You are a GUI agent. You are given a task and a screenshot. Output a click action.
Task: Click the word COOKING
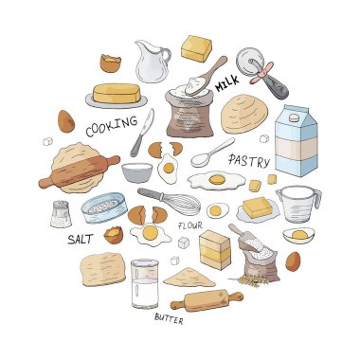point(112,126)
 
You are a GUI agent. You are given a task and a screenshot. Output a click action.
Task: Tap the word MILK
point(227,83)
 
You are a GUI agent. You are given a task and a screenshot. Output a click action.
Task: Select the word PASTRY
point(249,161)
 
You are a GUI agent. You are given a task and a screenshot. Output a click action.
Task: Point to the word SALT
point(81,239)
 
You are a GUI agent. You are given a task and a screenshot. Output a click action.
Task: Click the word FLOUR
point(190,225)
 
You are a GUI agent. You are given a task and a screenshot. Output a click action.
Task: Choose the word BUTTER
point(169,318)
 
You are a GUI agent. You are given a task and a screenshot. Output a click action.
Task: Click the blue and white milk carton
point(296,140)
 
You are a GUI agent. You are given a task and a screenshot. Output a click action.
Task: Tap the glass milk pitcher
point(152,61)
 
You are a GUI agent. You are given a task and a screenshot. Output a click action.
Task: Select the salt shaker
point(61,214)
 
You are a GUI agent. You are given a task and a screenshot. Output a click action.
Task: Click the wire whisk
point(170,200)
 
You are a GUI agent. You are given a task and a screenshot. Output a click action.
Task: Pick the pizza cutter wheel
point(262,73)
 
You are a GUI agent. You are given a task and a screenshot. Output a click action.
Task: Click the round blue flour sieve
point(104,207)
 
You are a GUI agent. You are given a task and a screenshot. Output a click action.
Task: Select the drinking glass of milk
point(145,283)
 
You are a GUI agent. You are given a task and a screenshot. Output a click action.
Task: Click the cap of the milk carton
point(295,117)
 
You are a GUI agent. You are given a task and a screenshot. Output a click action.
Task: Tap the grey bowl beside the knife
point(136,172)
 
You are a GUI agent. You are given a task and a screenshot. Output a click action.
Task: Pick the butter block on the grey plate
point(117,93)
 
